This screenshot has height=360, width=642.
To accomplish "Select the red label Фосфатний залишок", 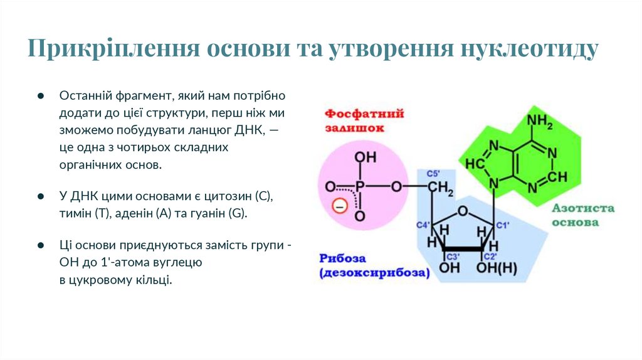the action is point(363,120).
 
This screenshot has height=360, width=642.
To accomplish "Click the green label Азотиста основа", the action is point(583,214).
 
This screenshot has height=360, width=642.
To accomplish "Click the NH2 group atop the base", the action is point(540,121).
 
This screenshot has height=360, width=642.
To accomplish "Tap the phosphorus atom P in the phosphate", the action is point(359,187).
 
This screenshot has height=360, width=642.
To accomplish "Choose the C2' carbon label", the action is point(490,257).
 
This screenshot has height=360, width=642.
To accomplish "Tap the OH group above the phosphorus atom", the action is point(360,157).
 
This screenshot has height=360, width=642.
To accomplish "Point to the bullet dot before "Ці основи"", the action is point(40,245).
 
